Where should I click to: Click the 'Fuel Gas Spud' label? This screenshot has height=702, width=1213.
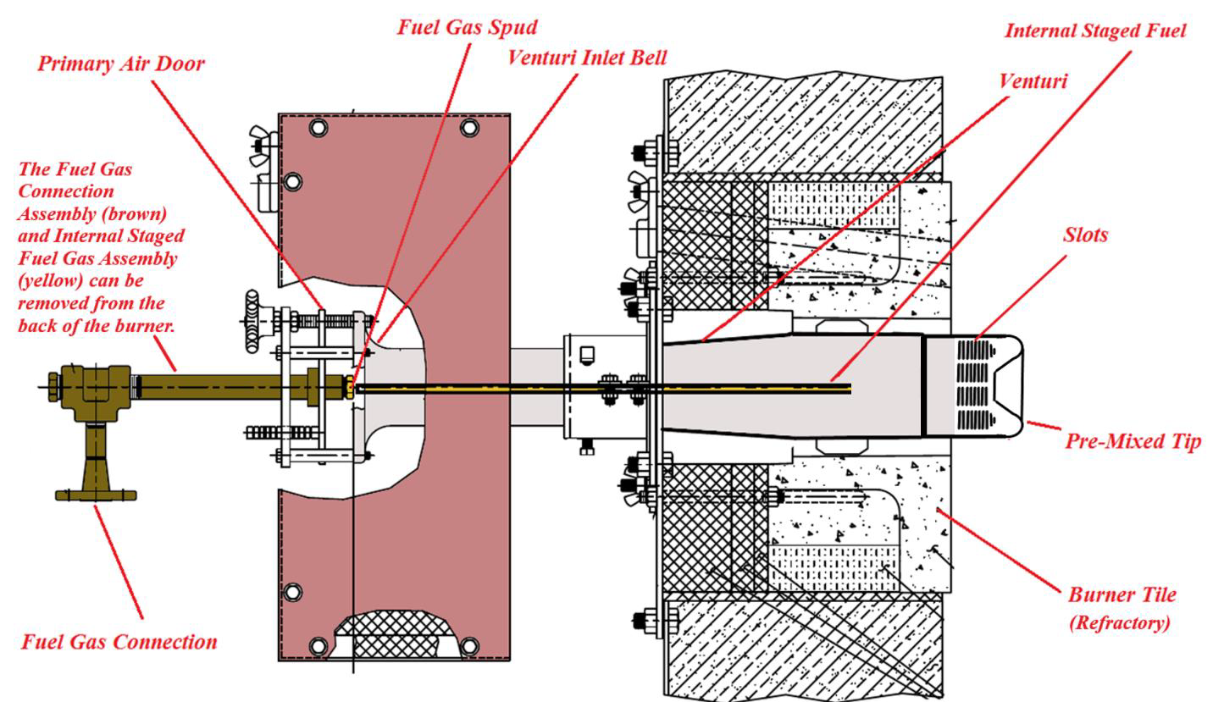pyautogui.click(x=467, y=26)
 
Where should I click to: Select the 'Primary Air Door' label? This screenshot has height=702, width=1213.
pyautogui.click(x=120, y=64)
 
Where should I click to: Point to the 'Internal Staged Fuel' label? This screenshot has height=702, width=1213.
pyautogui.click(x=1094, y=30)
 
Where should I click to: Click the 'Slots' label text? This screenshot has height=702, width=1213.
pyautogui.click(x=1085, y=235)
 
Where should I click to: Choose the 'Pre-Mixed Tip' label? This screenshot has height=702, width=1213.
pyautogui.click(x=1133, y=440)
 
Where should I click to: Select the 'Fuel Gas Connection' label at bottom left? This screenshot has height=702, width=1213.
pyautogui.click(x=119, y=641)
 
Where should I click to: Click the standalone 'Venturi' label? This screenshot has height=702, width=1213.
pyautogui.click(x=1033, y=81)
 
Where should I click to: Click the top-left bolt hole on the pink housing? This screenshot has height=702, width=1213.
pyautogui.click(x=318, y=127)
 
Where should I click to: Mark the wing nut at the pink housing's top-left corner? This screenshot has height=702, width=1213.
pyautogui.click(x=259, y=145)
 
